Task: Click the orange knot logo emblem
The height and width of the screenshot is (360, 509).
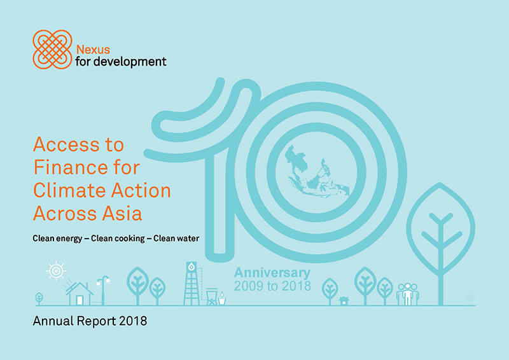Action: (52, 50)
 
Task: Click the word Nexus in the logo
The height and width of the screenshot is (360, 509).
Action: (93, 50)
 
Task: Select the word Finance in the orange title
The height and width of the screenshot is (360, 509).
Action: (71, 167)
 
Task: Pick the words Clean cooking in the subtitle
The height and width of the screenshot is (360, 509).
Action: (118, 239)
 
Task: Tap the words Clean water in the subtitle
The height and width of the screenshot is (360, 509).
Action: (176, 239)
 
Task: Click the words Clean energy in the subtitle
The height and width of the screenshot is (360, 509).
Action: (57, 239)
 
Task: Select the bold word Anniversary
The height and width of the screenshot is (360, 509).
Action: (272, 273)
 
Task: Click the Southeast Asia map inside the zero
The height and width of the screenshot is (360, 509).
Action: (317, 172)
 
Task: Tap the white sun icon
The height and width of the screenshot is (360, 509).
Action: (56, 270)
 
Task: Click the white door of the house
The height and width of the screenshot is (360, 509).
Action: (80, 300)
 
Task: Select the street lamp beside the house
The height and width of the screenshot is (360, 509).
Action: (103, 290)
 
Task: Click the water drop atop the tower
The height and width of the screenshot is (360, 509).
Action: (192, 267)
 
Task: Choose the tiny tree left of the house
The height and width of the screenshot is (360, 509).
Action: (39, 298)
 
